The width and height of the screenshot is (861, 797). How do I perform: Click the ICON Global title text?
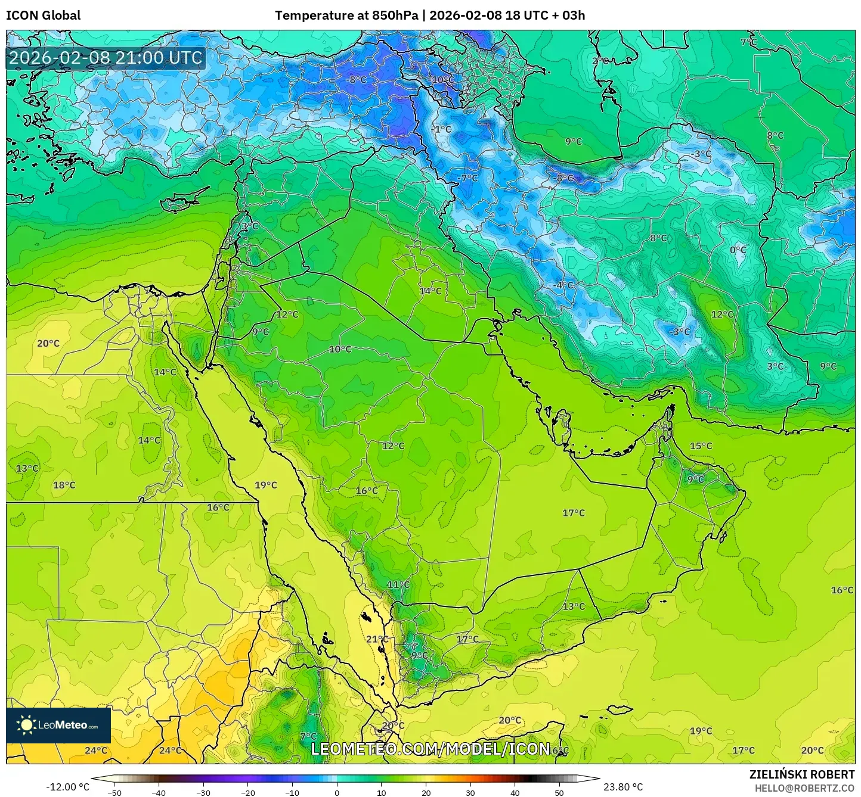point(44,15)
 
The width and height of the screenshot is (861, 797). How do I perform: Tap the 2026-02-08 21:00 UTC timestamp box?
point(106,58)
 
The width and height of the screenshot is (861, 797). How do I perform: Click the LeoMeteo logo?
point(58,725)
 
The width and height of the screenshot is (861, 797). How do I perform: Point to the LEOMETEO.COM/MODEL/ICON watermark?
point(430,749)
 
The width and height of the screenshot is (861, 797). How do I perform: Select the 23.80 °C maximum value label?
point(623,787)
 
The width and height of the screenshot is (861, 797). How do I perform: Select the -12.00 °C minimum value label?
point(68,787)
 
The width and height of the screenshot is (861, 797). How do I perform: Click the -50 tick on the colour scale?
point(114,792)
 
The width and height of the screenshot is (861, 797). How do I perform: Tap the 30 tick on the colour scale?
point(470,792)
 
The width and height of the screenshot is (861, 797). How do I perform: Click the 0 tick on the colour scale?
point(337,792)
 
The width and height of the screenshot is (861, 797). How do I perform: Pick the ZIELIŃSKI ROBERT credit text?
point(802,774)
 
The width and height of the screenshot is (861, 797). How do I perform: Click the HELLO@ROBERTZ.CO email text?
point(804,788)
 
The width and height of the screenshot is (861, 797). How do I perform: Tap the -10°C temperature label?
point(442,80)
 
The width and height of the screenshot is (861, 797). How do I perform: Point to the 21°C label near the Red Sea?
point(377,639)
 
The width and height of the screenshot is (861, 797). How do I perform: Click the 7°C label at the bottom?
point(308,736)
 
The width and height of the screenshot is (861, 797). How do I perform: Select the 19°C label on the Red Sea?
point(266,485)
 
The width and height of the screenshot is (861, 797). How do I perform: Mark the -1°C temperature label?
point(442,129)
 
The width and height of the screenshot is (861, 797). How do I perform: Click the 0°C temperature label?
point(738,250)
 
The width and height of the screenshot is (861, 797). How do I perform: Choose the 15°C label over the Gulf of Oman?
point(701,446)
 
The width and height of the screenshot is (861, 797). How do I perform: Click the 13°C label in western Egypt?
point(27,468)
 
